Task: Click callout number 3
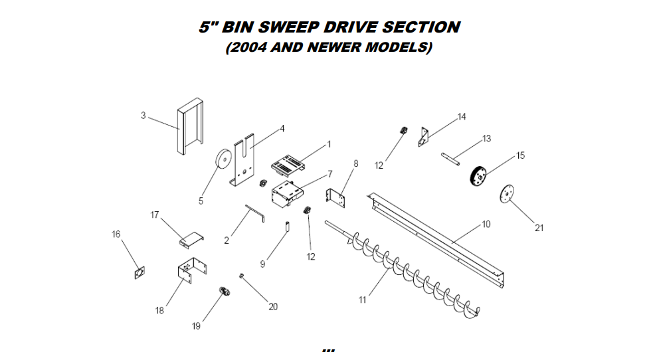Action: click(x=143, y=116)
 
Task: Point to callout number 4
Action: click(x=282, y=128)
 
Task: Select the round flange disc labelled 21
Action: click(x=506, y=195)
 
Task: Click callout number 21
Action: click(x=539, y=228)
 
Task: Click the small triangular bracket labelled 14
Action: click(x=422, y=136)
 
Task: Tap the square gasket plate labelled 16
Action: click(x=140, y=273)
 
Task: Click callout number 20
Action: click(x=272, y=306)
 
